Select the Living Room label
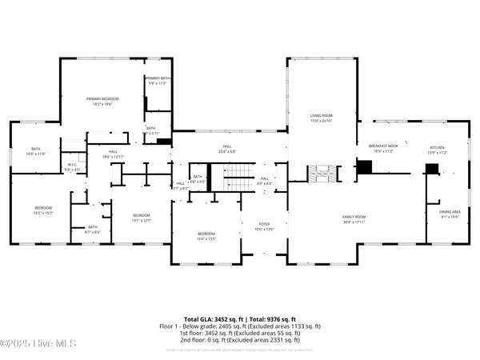pyautogui.click(x=322, y=118)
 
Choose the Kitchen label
pyautogui.click(x=438, y=149)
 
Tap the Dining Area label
pyautogui.click(x=450, y=214)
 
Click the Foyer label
pyautogui.click(x=264, y=226)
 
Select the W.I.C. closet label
pyautogui.click(x=71, y=167)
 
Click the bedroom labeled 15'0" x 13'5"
pyautogui.click(x=206, y=235)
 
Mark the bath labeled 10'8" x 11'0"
pyautogui.click(x=36, y=150)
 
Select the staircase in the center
pyautogui.click(x=230, y=178)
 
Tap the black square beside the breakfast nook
pyautogui.click(x=364, y=167)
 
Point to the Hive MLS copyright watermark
pyautogui.click(x=38, y=344)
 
